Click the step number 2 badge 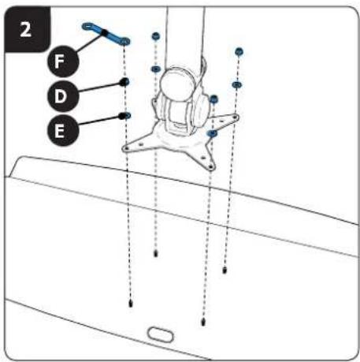coord(27,29)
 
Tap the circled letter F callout coord(63,61)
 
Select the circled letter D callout coord(63,96)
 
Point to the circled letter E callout coord(63,130)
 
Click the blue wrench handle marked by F coord(105,33)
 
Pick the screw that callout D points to coord(125,82)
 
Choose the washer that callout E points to coord(126,115)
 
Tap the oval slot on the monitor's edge coord(161,334)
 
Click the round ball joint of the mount coord(177,84)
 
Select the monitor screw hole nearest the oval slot coord(203,322)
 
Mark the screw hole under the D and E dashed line coord(131,304)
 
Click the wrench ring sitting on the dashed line coord(125,41)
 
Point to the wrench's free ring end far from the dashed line coord(87,26)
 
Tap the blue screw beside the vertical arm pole coord(156,35)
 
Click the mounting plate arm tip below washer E coord(126,149)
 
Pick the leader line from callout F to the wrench coord(90,42)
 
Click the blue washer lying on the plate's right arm coord(212,133)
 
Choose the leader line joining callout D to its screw coord(100,87)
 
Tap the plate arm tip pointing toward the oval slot coord(211,166)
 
